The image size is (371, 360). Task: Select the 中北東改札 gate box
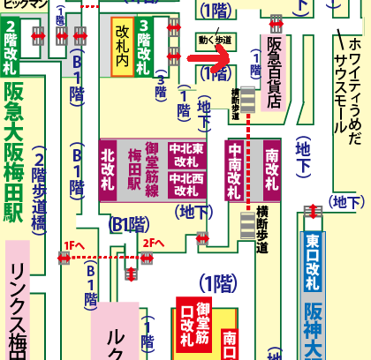185,155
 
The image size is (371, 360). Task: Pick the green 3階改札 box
143,49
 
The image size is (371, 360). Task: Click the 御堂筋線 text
150,169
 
